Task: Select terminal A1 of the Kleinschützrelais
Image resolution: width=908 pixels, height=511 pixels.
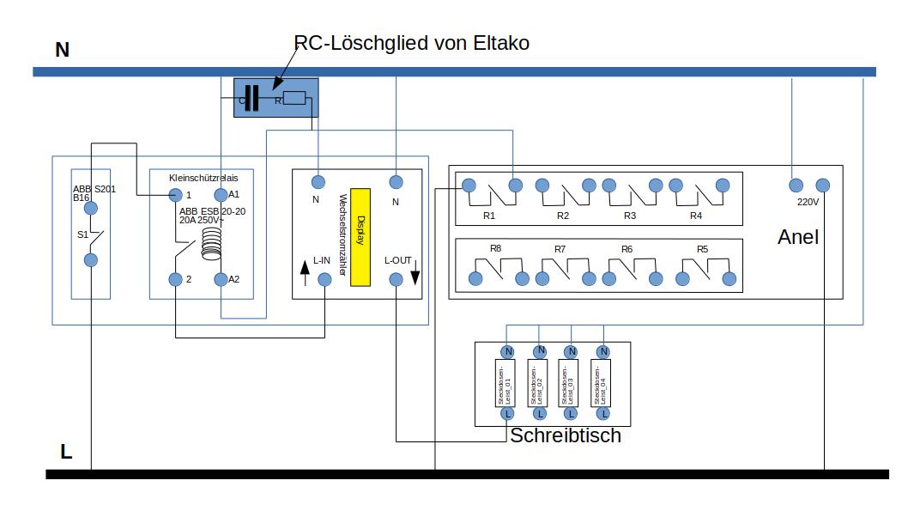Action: point(221,195)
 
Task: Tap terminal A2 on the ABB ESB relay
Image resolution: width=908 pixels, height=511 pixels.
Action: point(221,279)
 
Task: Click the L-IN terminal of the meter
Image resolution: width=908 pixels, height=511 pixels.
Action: point(324,279)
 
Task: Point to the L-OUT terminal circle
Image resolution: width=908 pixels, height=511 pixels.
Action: point(396,279)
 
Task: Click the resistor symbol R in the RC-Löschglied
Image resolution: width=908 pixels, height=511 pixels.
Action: point(294,99)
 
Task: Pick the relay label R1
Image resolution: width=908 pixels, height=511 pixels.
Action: point(489,216)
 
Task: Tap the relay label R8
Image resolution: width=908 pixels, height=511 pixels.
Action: point(495,248)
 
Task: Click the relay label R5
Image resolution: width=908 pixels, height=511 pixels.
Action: point(702,249)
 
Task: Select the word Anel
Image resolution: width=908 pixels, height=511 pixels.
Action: point(797,237)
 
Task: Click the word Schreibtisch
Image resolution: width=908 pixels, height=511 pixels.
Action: point(565,436)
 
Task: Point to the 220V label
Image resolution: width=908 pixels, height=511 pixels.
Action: point(808,202)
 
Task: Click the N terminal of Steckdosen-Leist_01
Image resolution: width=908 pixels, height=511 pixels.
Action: point(507,351)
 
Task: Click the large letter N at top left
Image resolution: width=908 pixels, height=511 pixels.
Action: point(62,50)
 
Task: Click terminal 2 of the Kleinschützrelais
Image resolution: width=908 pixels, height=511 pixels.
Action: point(175,279)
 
